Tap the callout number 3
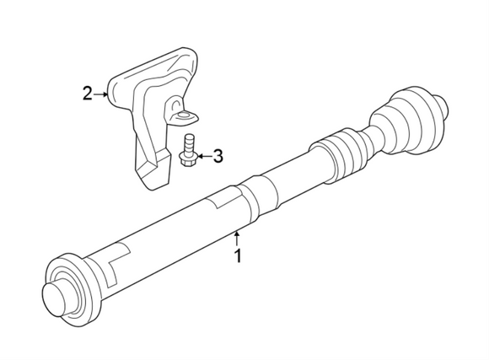218,156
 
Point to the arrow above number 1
238,236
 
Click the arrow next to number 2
103,94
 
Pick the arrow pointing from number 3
202,156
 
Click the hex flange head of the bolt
188,159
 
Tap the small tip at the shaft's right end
440,103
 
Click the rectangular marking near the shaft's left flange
117,256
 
